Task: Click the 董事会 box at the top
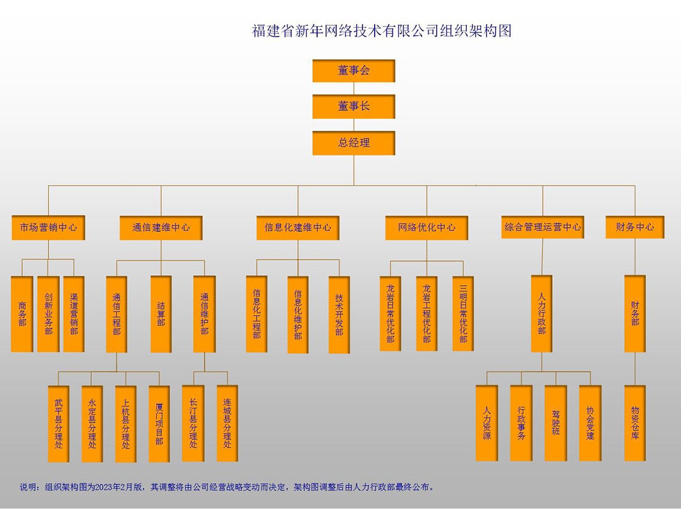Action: (354, 71)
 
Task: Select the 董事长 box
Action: (354, 107)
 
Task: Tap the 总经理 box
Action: (354, 143)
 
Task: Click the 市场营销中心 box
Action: (49, 228)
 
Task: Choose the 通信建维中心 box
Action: (161, 228)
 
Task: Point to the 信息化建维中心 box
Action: (298, 228)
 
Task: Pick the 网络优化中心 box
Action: (427, 228)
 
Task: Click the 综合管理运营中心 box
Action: (543, 227)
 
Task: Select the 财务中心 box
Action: (635, 227)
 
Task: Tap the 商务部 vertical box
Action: (22, 314)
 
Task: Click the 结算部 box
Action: (161, 314)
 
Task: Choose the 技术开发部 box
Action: (339, 315)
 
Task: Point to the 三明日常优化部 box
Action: (463, 314)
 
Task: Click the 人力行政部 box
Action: (542, 314)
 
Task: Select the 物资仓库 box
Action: (635, 423)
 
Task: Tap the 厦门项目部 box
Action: (159, 424)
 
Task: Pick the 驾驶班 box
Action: (556, 423)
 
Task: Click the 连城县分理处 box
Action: (227, 423)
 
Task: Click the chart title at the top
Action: (382, 31)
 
